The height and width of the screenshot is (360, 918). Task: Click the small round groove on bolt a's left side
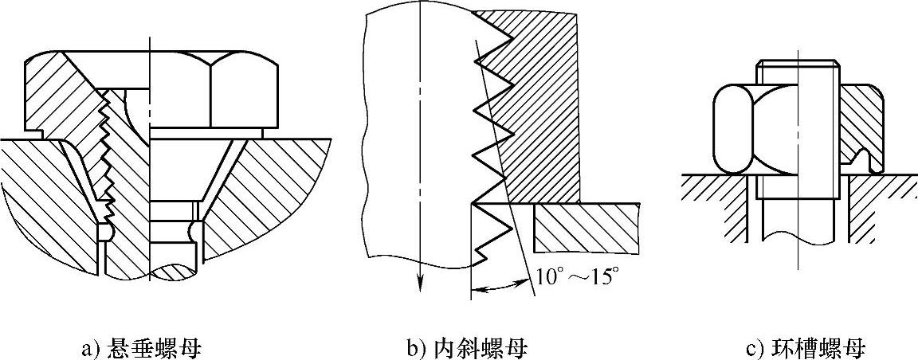(x=103, y=233)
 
